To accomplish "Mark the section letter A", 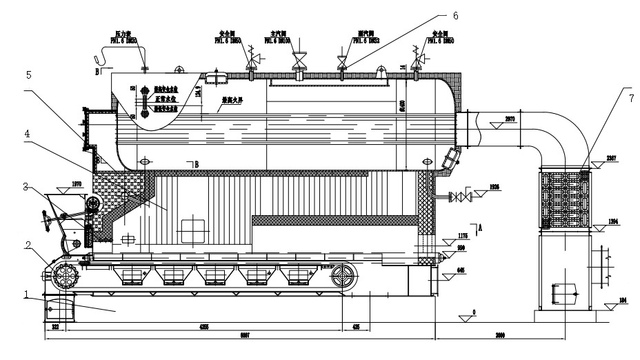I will (480, 227).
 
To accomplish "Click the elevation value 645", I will (460, 271).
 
